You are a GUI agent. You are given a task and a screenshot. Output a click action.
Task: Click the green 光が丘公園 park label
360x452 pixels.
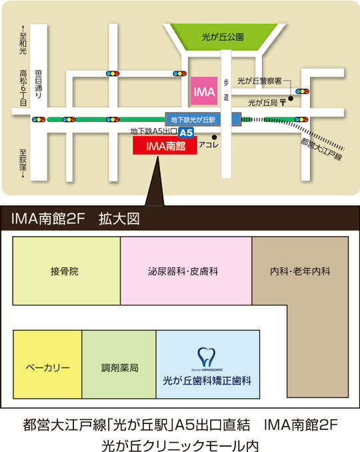tap(223, 37)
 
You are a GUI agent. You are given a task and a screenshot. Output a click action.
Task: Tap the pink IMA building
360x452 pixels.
tap(203, 90)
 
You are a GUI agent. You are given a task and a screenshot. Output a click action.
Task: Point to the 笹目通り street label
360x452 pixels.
tap(39, 86)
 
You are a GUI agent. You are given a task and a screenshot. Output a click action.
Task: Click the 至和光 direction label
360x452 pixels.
tap(23, 43)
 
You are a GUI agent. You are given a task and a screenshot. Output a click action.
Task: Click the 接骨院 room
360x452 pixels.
tap(65, 272)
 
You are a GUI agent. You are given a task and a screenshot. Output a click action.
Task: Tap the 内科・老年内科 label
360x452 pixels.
tap(300, 272)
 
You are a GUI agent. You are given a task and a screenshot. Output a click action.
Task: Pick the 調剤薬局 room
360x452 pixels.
tap(119, 368)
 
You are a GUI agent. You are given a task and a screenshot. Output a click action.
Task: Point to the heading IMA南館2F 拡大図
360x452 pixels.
tap(75, 218)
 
